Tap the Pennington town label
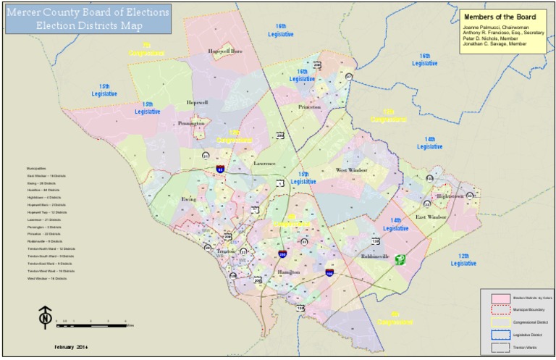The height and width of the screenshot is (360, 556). click(x=192, y=123)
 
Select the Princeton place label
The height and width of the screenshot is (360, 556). click(x=309, y=106)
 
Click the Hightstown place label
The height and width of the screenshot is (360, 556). click(x=449, y=196)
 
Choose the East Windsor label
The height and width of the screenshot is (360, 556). click(x=431, y=217)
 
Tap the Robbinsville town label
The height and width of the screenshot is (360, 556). click(x=376, y=256)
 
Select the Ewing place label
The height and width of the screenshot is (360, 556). click(x=188, y=198)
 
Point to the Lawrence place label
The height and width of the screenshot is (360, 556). click(x=264, y=164)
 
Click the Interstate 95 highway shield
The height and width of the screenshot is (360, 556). click(x=219, y=169)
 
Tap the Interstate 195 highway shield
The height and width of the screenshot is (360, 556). click(x=329, y=274)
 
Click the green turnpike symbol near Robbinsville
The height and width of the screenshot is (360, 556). click(x=400, y=259)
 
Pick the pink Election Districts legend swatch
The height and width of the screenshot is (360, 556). click(x=499, y=298)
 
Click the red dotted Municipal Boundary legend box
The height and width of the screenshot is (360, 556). click(x=499, y=309)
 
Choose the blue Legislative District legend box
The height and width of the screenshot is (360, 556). click(x=499, y=334)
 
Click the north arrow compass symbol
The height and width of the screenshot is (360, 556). click(x=45, y=316)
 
